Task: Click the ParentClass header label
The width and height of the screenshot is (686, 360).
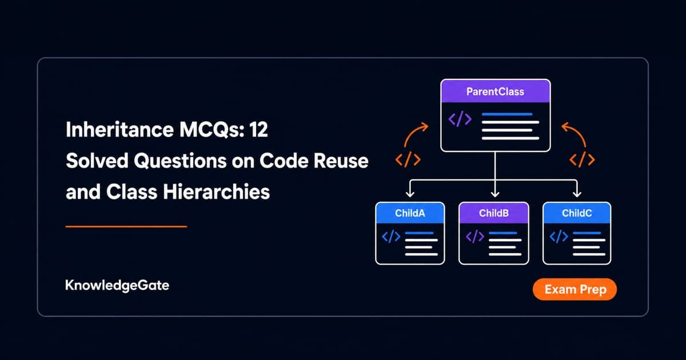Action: point(495,91)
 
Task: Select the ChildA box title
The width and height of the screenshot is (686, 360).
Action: point(410,213)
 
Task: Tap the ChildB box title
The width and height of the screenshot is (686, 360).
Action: point(494,213)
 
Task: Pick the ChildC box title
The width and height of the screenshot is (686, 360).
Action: point(577,213)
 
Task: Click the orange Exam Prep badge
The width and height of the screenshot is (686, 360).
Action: point(575,289)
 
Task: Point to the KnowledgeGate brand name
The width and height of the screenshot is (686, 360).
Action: point(117,285)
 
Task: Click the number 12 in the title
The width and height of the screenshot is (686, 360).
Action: point(258,130)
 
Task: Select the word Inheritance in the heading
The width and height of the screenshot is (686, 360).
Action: point(119,130)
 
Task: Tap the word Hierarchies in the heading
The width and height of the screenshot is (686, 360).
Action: point(216,192)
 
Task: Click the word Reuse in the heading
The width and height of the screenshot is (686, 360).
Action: point(341,161)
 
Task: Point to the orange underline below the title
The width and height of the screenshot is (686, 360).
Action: point(126,226)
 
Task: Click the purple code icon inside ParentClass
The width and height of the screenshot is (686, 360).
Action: point(460,119)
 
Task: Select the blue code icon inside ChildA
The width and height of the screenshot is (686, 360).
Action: point(391,237)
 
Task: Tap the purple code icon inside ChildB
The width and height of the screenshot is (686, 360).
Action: point(474,237)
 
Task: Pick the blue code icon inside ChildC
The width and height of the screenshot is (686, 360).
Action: point(559,237)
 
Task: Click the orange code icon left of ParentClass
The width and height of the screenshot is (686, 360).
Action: point(408,159)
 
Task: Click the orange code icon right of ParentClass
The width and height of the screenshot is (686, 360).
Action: point(582,159)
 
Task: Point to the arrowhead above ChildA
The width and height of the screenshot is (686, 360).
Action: point(410,194)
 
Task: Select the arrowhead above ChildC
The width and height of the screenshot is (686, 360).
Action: point(577,194)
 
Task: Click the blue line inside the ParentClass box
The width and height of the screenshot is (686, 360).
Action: point(507,114)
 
